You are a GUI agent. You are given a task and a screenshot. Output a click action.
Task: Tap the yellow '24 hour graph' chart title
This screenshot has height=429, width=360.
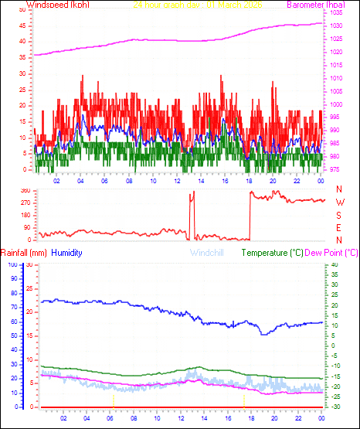(x=198, y=5)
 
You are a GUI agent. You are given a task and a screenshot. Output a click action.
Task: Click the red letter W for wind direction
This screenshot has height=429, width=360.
(x=339, y=203)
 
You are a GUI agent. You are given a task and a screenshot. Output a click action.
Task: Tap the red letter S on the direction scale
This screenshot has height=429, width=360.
(x=339, y=215)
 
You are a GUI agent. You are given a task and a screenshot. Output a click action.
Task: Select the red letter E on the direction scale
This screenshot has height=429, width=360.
(x=339, y=227)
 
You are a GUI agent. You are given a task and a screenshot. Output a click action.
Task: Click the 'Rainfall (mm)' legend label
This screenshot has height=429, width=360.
(x=24, y=253)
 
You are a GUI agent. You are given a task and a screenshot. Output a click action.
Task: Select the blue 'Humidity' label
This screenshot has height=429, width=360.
(x=67, y=253)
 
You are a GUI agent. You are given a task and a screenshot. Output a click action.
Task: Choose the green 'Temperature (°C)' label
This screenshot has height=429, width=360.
(x=273, y=253)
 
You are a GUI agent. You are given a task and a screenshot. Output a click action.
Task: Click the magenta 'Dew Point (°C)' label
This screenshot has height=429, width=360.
(x=332, y=253)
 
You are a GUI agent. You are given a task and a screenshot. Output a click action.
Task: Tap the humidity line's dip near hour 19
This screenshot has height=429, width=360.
(x=263, y=333)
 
